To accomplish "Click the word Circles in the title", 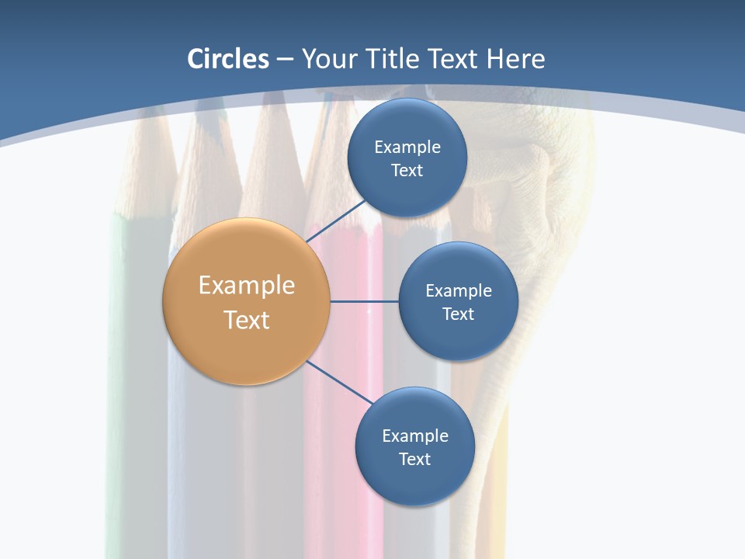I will click(x=227, y=59).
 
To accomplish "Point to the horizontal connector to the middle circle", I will click(x=365, y=301).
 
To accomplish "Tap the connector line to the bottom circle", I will click(x=338, y=381).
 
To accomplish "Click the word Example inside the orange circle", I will click(x=247, y=286).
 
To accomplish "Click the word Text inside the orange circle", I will click(x=247, y=320).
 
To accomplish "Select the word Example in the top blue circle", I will click(x=407, y=148).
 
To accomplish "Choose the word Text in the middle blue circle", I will click(x=458, y=314).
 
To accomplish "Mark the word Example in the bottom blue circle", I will click(x=414, y=436).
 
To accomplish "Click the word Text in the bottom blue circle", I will click(x=414, y=460).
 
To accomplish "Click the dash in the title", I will click(x=285, y=60).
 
